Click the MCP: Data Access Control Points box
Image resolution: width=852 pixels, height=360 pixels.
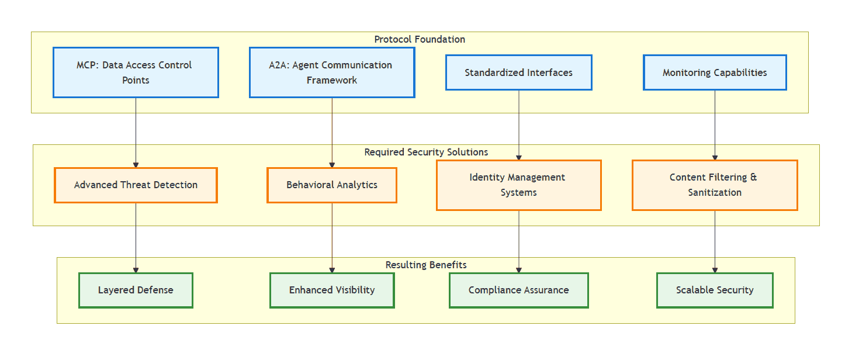pos(136,72)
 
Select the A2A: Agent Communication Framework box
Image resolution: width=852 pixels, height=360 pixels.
pos(332,72)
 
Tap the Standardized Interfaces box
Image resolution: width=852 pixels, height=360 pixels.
pos(518,72)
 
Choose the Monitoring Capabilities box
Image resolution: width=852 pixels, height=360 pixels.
pos(715,72)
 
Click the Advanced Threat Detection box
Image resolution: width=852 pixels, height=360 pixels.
pos(136,185)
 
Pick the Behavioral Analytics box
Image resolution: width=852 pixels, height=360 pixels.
pos(332,185)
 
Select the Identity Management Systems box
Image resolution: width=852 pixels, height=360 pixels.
pos(518,185)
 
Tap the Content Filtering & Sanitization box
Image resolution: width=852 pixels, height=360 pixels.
pos(715,185)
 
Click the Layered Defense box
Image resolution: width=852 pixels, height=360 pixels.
pos(136,290)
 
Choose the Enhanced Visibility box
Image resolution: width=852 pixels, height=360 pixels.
pos(332,290)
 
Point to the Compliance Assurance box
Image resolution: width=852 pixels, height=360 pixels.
pos(518,290)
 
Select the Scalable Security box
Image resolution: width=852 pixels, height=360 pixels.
pos(715,290)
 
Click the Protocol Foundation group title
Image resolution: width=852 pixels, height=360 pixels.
pos(420,40)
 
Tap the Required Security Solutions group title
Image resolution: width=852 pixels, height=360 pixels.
pos(426,152)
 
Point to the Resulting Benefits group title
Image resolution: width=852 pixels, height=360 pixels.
pos(426,265)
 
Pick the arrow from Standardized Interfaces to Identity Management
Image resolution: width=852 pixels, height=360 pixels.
pos(519,125)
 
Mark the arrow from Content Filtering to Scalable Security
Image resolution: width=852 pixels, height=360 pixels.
pos(715,241)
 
